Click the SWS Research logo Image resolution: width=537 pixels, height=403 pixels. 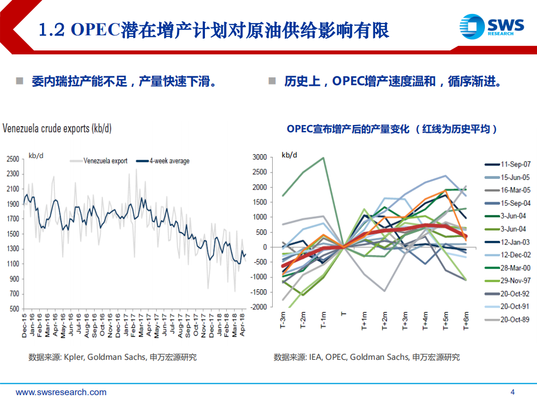click(492, 26)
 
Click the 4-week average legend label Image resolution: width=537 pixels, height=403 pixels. click(169, 161)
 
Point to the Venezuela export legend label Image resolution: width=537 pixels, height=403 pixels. click(105, 161)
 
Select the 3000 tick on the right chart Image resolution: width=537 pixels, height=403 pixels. click(260, 158)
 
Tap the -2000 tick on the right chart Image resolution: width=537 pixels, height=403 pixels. click(259, 307)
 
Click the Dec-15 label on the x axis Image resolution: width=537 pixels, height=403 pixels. click(25, 324)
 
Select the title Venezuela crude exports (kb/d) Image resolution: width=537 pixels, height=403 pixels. click(57, 129)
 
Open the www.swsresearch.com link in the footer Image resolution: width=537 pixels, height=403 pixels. click(61, 392)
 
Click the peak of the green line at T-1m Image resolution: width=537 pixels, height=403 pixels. click(324, 158)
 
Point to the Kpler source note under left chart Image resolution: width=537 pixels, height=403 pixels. click(113, 357)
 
